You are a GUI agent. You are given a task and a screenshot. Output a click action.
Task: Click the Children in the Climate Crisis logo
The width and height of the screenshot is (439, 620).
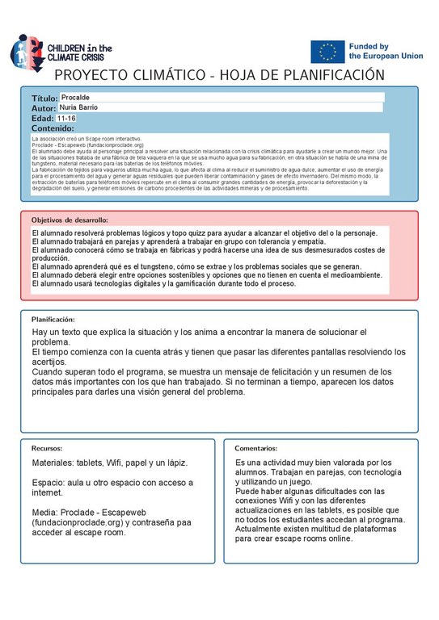point(61,51)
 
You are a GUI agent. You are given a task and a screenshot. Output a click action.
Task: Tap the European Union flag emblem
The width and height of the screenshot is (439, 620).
point(327,52)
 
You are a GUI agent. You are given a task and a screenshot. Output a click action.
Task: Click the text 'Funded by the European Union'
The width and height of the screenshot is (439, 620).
point(380,52)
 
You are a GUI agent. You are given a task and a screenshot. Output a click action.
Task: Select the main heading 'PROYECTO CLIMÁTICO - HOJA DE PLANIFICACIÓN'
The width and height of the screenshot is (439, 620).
point(219,75)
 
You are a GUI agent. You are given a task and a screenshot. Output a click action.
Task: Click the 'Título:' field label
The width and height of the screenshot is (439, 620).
point(45,98)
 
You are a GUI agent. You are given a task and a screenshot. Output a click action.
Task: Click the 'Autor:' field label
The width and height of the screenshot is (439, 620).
point(44,108)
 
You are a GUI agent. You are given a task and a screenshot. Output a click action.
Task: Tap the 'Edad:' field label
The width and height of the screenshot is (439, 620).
point(42,119)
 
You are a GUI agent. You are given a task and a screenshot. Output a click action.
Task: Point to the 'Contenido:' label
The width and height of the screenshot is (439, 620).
point(53,128)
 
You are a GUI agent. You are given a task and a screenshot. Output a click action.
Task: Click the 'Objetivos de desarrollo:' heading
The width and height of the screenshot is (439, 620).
point(70,220)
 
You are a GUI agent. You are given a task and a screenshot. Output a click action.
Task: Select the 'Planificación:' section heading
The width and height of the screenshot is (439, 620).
point(59,319)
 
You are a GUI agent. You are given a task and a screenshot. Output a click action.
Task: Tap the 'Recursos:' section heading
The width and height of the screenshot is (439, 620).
point(47,448)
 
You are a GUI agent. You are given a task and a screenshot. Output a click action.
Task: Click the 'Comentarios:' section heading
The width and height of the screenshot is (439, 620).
point(256,448)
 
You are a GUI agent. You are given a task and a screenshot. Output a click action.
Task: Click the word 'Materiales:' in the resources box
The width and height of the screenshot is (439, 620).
point(54,463)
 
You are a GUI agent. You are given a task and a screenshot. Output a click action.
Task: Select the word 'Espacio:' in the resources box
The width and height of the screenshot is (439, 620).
point(49,483)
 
